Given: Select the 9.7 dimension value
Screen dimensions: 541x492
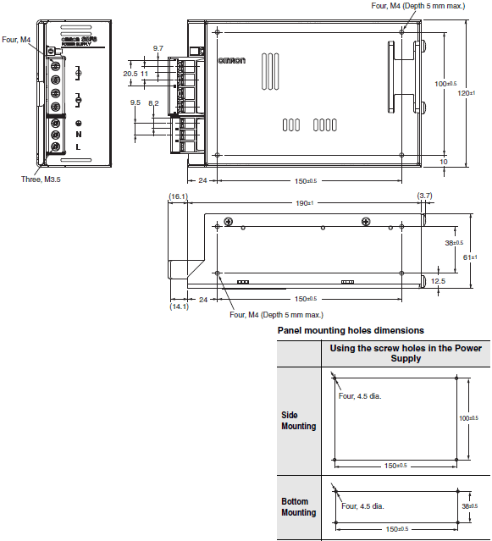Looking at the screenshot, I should click(x=158, y=48).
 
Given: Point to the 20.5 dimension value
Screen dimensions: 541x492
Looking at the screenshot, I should click(x=130, y=74).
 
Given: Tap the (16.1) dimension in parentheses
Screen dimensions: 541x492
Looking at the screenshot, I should click(x=177, y=196).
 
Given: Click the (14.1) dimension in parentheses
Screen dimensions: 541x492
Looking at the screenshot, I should click(x=179, y=306).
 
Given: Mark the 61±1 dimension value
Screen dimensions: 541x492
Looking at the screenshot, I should click(x=471, y=255).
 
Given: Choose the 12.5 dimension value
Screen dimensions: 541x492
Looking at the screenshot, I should click(x=438, y=280).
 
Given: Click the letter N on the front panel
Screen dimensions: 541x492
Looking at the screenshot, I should click(x=78, y=133).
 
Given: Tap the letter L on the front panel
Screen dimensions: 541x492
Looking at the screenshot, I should click(x=78, y=146).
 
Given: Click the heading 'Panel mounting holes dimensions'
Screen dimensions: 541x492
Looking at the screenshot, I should click(x=351, y=330).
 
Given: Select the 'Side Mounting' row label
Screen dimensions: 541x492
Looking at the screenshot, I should click(x=299, y=421).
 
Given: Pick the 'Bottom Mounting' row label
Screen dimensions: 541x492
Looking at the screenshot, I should click(x=299, y=507).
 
